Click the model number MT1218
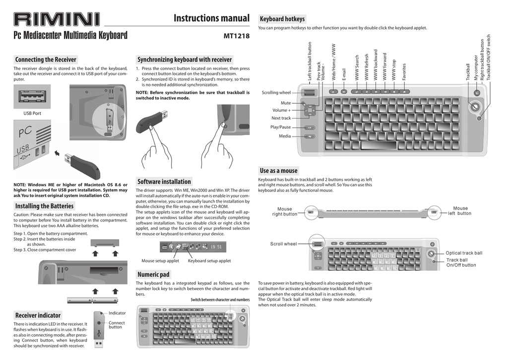(x=236, y=36)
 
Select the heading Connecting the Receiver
(x=46, y=60)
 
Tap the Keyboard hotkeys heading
(x=282, y=19)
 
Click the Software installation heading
(x=164, y=182)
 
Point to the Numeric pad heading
(x=153, y=275)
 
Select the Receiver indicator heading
(x=38, y=315)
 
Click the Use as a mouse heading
(x=279, y=171)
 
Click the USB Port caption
(x=32, y=113)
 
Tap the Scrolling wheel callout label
(x=276, y=92)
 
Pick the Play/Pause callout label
(x=281, y=127)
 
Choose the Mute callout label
(x=286, y=103)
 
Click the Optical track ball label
(x=464, y=253)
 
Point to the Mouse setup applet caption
(x=160, y=261)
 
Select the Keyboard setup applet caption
(x=209, y=261)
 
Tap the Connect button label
(x=117, y=325)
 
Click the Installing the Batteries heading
(x=44, y=206)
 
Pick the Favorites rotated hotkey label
(x=404, y=72)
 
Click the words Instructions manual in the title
(x=211, y=18)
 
